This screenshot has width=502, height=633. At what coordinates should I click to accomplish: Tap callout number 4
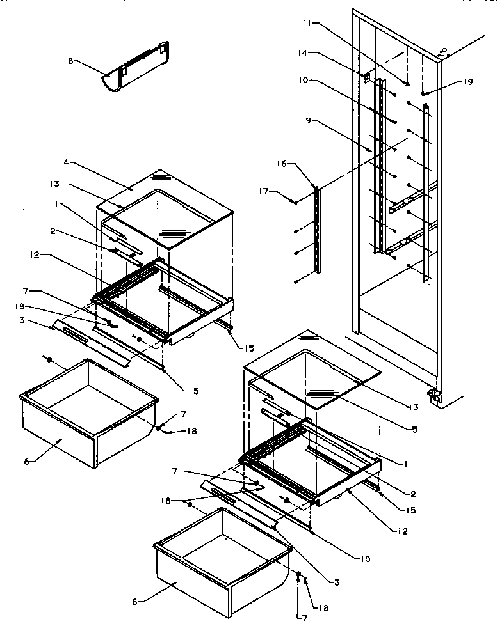tap(66, 162)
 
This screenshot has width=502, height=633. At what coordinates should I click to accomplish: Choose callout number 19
tap(469, 82)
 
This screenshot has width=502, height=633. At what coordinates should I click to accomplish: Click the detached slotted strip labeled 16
tap(316, 230)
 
